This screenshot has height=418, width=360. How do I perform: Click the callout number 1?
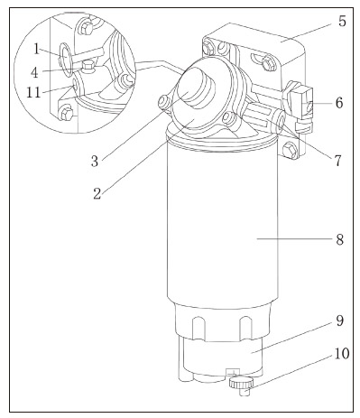coord(36,50)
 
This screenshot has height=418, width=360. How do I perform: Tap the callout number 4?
coord(35,72)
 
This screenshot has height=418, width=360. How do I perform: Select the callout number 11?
coord(33,92)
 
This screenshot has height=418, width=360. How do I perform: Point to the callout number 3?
coord(95,162)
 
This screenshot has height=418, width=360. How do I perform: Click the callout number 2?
coord(97,194)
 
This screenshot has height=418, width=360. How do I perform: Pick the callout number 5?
coord(342,22)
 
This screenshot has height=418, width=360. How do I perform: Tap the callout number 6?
coord(339,103)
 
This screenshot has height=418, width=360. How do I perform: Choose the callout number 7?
coord(338,161)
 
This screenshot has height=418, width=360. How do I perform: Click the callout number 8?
coord(339,240)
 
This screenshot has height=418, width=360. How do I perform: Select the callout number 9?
coord(339,320)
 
